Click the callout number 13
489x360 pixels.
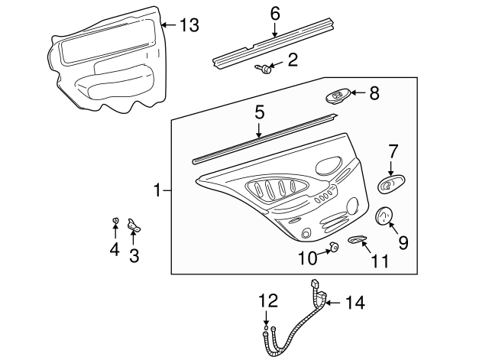point(189,24)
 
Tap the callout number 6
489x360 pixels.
point(275,15)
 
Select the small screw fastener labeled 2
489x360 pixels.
point(264,69)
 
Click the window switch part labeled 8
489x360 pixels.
point(338,97)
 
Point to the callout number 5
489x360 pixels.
point(260,112)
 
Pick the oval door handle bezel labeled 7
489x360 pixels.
point(391,184)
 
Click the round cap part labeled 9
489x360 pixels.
point(384,216)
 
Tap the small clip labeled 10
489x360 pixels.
point(335,248)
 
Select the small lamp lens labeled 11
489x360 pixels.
point(357,239)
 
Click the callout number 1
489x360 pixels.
point(158,190)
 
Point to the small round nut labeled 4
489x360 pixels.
point(115,221)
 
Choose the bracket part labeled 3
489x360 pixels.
point(134,225)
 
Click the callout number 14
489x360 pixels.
point(355,303)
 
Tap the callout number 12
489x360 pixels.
point(268,301)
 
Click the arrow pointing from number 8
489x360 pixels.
point(358,92)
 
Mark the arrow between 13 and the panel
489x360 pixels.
point(170,24)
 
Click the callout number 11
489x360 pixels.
point(381,261)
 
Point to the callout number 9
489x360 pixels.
point(403,242)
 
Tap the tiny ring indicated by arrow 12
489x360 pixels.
point(266,328)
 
